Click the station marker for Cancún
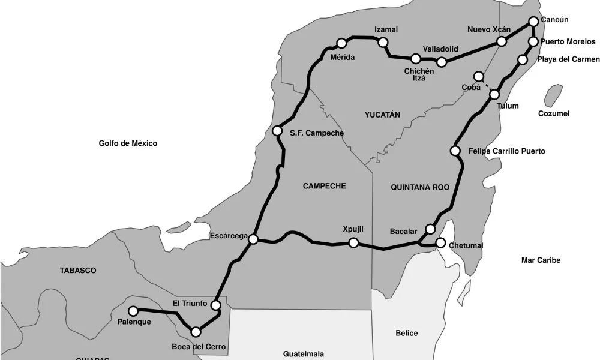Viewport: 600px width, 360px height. [534, 22]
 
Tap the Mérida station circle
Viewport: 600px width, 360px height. [341, 43]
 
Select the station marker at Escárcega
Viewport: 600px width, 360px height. [253, 239]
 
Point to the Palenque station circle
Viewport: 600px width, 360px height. [134, 311]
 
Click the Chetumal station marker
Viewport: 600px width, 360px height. [440, 243]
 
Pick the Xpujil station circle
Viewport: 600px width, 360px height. [353, 242]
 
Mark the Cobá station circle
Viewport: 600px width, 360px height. [478, 76]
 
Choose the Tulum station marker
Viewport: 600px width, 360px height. [494, 94]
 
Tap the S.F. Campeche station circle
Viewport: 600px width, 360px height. [277, 131]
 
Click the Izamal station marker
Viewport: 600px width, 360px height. [383, 42]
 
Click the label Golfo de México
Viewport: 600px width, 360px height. [128, 143]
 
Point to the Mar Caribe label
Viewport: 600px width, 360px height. [541, 260]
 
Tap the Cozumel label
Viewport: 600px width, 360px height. [554, 113]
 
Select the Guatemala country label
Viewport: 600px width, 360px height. [303, 353]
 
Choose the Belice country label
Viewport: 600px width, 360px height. [407, 333]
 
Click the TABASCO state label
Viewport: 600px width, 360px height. [78, 271]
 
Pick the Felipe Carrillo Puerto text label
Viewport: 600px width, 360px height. [507, 151]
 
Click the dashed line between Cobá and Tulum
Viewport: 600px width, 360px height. [487, 85]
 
